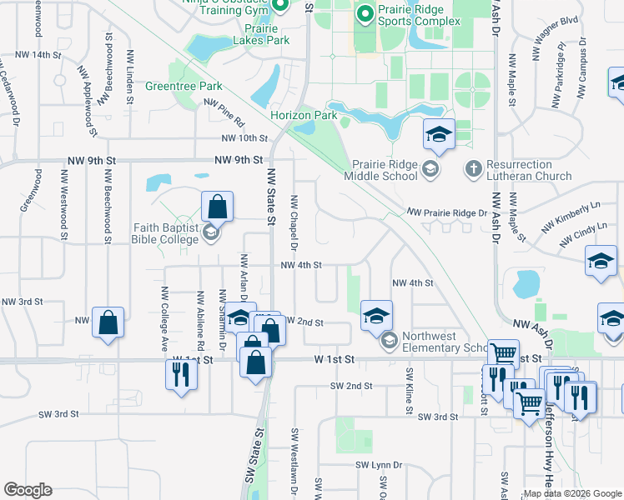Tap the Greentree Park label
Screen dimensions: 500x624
coord(184,86)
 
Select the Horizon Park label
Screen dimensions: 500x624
coord(304,115)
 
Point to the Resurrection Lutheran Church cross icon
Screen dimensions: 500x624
coord(472,169)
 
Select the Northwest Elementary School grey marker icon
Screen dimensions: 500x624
coord(389,340)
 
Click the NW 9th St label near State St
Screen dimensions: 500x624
coord(239,159)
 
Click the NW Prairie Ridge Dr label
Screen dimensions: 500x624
coord(446,213)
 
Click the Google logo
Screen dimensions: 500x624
coord(28,490)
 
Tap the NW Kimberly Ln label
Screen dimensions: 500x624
coord(571,217)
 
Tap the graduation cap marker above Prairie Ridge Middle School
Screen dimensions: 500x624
coord(438,135)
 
